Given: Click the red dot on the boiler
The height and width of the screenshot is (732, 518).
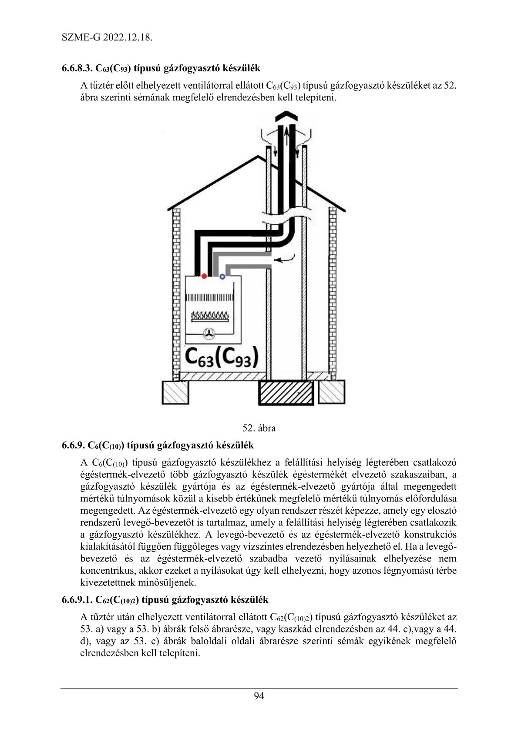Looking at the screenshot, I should [x=203, y=276].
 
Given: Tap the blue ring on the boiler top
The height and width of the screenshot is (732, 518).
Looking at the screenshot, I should [x=222, y=276].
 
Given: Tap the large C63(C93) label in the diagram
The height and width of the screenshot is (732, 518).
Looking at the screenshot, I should [x=221, y=358].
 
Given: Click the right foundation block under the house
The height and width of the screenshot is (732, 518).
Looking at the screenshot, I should [x=332, y=392].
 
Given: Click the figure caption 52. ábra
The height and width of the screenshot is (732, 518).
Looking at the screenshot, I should [x=259, y=428].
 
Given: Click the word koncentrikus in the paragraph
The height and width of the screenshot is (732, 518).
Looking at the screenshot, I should [x=104, y=570].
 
